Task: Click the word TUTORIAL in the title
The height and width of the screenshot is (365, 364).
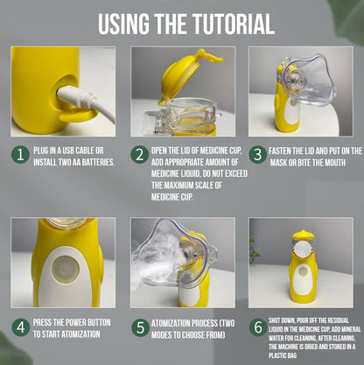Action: point(233,24)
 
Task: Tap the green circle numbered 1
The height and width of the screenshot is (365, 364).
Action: point(20,154)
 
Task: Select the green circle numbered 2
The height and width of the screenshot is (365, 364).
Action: point(139,155)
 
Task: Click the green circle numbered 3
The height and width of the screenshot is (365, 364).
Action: point(258,155)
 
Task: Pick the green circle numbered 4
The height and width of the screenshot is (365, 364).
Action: point(21,327)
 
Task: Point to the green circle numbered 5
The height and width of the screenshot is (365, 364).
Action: point(140,327)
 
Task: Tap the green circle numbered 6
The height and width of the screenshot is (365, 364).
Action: point(258,327)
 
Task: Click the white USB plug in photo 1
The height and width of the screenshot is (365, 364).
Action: point(77,97)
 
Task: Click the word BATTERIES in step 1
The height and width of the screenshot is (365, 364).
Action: point(98,162)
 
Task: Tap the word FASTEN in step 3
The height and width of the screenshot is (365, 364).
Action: point(279,151)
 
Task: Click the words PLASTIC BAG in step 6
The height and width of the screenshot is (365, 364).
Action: point(283,355)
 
